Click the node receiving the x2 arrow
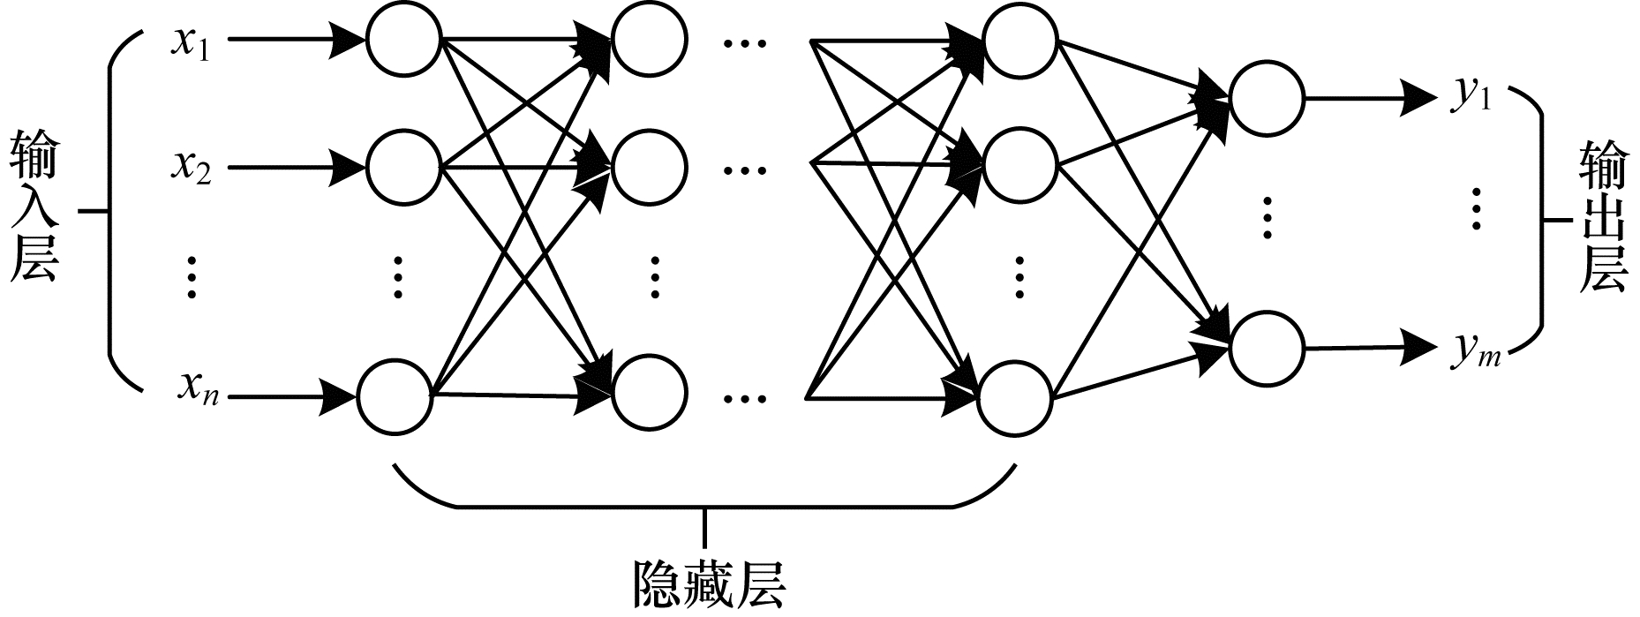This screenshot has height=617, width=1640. pos(403,167)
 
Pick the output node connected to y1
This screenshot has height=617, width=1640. pos(1267,99)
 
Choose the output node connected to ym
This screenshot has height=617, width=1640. pos(1267,348)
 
